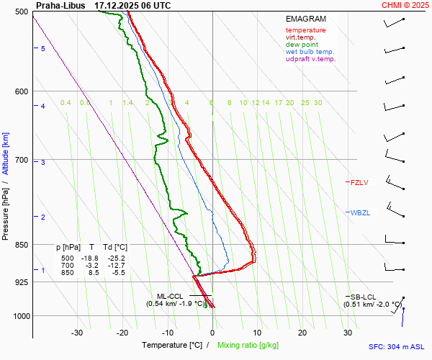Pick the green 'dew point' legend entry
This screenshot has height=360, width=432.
pyautogui.click(x=302, y=45)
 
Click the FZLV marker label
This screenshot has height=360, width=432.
pyautogui.click(x=359, y=182)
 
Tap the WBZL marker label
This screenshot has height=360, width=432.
pyautogui.click(x=359, y=212)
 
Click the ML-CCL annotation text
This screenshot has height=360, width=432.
pyautogui.click(x=171, y=296)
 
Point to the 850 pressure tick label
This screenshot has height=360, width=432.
pyautogui.click(x=21, y=245)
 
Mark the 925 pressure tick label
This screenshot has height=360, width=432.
pyautogui.click(x=21, y=282)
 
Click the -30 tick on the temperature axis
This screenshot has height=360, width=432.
pyautogui.click(x=77, y=333)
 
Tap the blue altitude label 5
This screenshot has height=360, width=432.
pyautogui.click(x=43, y=48)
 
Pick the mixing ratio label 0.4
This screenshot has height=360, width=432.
pyautogui.click(x=66, y=103)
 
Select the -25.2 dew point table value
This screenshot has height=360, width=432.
pyautogui.click(x=117, y=258)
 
